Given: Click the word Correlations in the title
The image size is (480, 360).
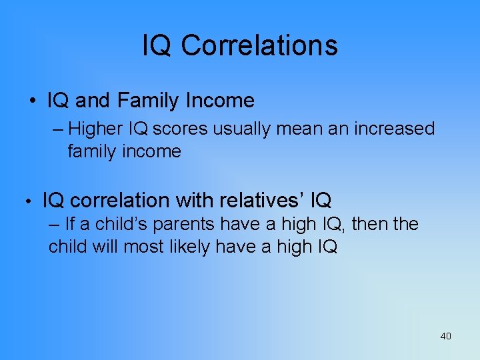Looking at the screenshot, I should (259, 45).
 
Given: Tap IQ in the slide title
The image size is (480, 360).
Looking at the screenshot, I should (158, 45).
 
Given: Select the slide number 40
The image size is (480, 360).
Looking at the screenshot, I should (445, 336).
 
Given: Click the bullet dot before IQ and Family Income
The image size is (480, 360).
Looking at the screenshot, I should (32, 101).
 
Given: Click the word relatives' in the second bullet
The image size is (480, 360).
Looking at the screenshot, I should (265, 200).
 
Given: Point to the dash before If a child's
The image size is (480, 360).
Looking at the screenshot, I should (54, 224).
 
